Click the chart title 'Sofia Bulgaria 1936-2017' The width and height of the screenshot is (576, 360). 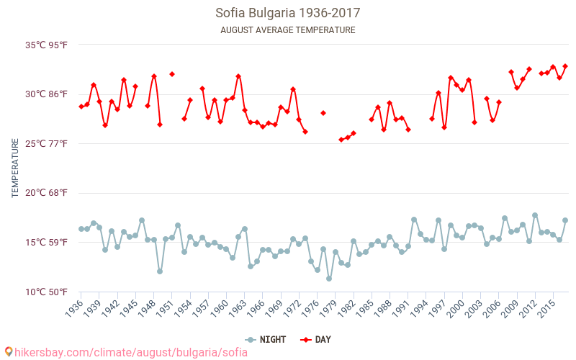[288, 13]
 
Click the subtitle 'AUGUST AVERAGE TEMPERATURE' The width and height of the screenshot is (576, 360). [288, 30]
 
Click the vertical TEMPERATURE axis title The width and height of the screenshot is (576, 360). [15, 168]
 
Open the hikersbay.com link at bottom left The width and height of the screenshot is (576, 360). [127, 352]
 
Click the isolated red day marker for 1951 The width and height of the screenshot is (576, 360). [172, 74]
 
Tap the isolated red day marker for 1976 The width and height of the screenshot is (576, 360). [323, 113]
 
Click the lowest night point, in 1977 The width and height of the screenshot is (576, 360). [329, 279]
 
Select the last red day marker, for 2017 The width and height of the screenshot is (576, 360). [565, 66]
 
